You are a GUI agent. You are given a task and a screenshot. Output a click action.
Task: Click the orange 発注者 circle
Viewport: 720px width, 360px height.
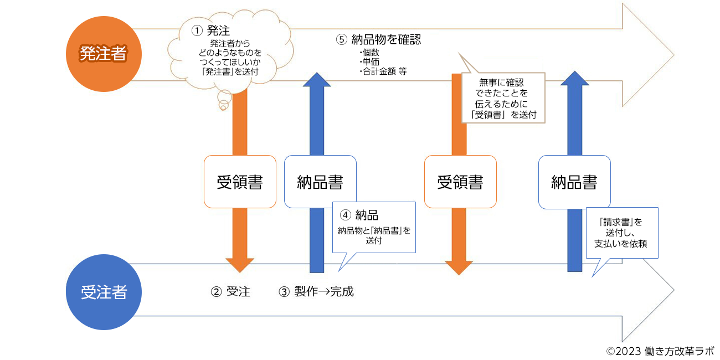tap(104, 54)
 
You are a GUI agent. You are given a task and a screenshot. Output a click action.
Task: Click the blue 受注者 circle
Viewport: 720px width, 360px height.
tap(104, 292)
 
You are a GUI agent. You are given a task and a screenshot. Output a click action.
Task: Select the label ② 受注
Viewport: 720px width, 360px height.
tap(230, 292)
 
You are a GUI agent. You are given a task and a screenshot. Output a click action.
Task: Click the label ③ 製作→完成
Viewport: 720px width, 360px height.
tap(316, 292)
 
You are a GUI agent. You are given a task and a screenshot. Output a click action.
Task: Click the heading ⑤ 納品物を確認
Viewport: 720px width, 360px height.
tap(379, 40)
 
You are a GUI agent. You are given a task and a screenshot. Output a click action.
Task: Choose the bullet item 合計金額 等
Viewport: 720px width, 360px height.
tap(383, 71)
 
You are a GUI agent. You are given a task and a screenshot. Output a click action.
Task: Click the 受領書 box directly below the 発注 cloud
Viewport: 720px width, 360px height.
tap(240, 182)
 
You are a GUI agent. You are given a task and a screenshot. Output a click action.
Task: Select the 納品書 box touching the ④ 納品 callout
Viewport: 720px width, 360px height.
tap(320, 182)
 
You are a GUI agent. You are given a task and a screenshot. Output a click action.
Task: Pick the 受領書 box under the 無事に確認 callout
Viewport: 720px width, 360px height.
tap(460, 182)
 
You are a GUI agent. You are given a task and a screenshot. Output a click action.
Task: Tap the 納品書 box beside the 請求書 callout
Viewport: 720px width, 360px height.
tap(574, 182)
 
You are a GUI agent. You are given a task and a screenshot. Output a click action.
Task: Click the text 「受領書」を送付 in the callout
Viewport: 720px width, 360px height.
tap(503, 115)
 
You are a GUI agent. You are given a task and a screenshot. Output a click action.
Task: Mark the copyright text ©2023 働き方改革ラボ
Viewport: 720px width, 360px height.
tap(660, 351)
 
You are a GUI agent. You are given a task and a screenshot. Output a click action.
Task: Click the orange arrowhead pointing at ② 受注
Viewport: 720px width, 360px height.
tap(240, 265)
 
